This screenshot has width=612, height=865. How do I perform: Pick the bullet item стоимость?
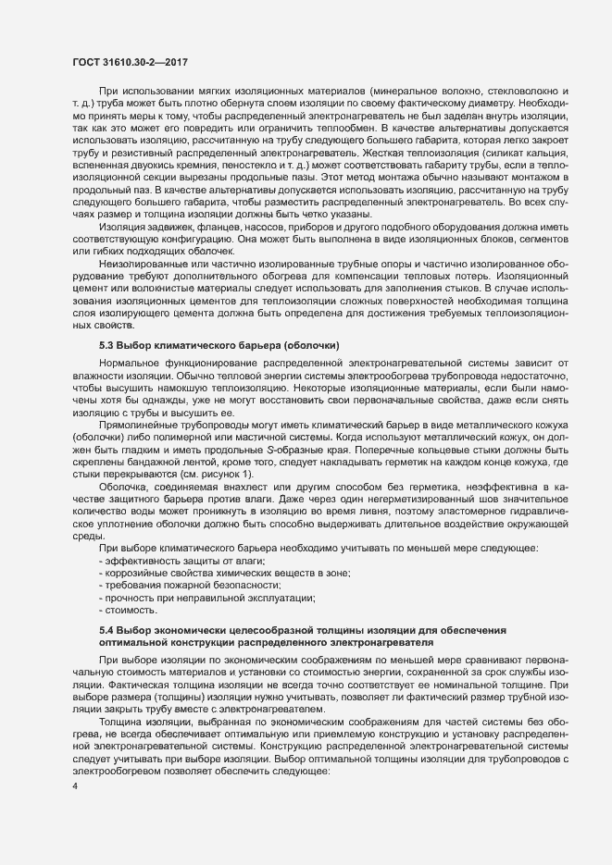point(130,611)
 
